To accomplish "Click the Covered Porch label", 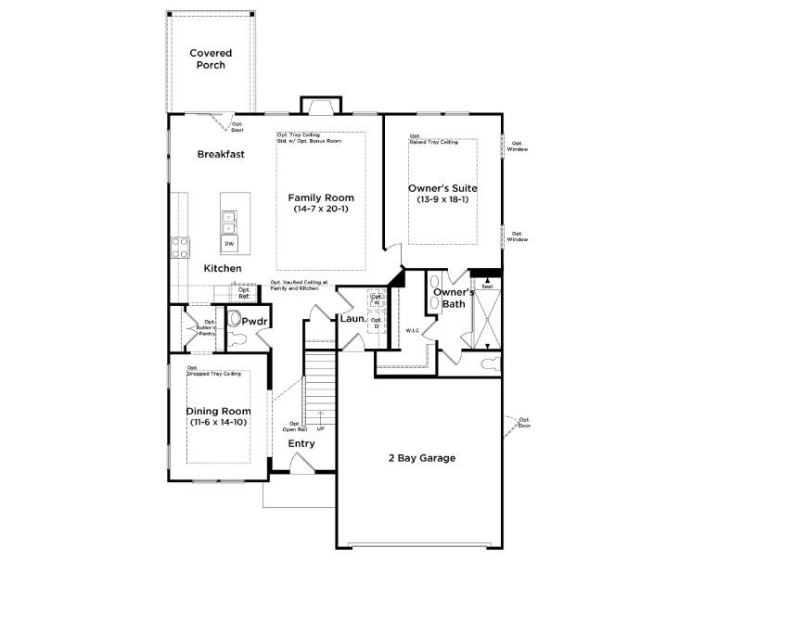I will tap(211, 59).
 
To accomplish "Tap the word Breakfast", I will tap(221, 154).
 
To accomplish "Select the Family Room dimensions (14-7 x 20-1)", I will tap(320, 210).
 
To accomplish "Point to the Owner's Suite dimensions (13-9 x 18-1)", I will tap(442, 199).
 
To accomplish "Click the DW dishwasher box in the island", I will tap(228, 244).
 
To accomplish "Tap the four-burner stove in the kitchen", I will tap(180, 248).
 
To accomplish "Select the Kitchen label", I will tap(223, 268).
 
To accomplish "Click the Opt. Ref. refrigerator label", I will tap(244, 293).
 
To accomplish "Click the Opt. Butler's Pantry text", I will tap(204, 328).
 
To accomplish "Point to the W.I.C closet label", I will tap(413, 330).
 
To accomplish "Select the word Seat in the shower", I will tap(486, 287).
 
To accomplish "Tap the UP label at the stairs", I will tap(321, 429).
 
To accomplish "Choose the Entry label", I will tap(301, 443).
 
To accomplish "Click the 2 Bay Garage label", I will tap(421, 457).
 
